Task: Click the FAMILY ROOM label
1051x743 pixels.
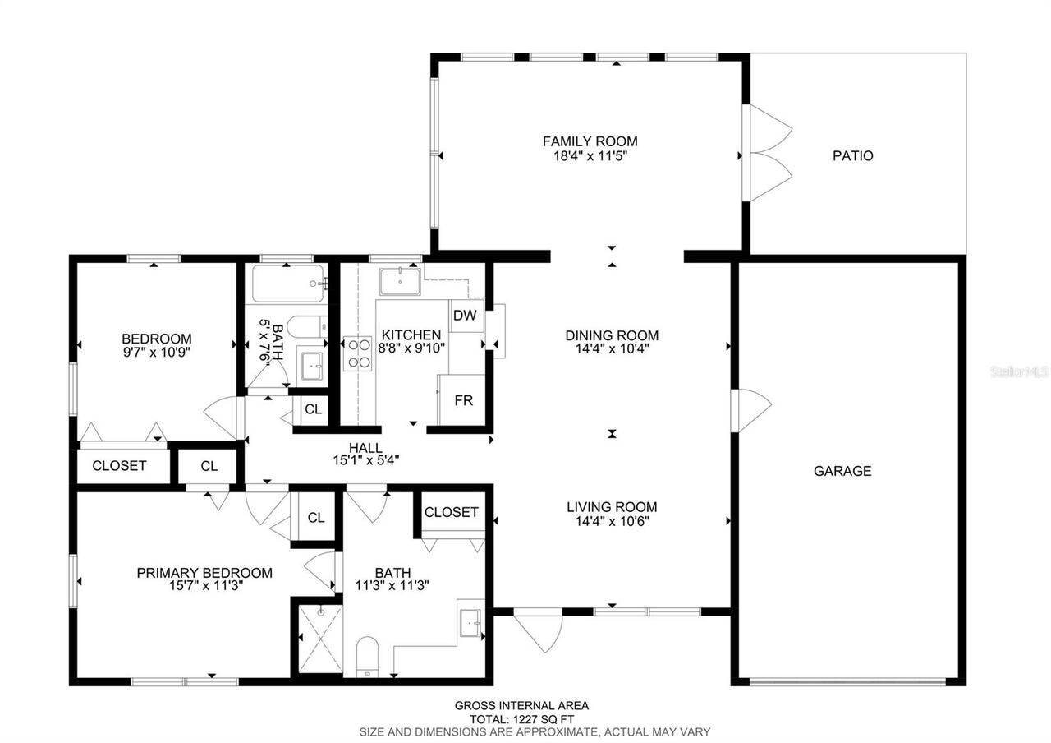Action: point(590,141)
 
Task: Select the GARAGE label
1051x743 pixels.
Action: point(842,471)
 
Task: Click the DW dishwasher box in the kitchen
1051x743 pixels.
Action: point(465,316)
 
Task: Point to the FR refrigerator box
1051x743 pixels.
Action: point(464,401)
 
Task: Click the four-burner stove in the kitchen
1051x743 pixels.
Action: point(358,353)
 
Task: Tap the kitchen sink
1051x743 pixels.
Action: point(399,281)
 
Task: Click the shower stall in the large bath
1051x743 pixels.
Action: point(319,638)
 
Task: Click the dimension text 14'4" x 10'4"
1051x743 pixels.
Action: point(612,348)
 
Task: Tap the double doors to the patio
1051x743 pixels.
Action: point(765,154)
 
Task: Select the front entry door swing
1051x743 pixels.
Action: point(539,630)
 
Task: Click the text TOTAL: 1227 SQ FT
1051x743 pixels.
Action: point(522,718)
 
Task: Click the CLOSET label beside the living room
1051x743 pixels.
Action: point(452,512)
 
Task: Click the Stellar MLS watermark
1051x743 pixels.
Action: point(1019,371)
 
